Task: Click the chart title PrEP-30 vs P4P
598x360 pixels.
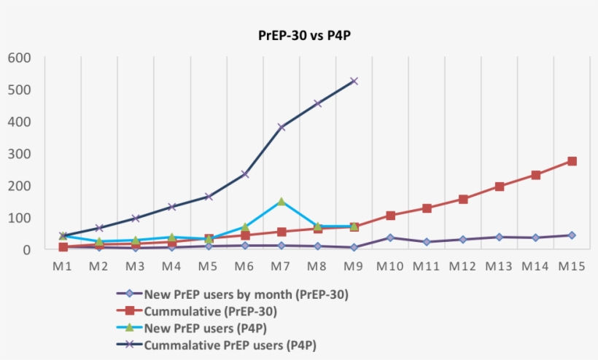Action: tap(299, 35)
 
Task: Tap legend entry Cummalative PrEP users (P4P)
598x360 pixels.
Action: tap(230, 344)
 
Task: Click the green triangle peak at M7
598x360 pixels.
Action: tap(281, 201)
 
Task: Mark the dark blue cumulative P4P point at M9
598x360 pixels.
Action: tap(354, 81)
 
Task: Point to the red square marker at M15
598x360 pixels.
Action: tap(572, 161)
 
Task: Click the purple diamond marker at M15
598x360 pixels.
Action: tap(572, 235)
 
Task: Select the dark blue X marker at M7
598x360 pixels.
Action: tap(281, 127)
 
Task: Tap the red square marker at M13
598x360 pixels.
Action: tap(500, 187)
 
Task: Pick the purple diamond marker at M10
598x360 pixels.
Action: tap(390, 238)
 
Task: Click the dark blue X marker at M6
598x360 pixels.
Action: tap(245, 174)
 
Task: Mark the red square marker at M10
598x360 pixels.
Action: tap(390, 216)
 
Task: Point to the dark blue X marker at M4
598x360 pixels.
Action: tap(172, 207)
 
